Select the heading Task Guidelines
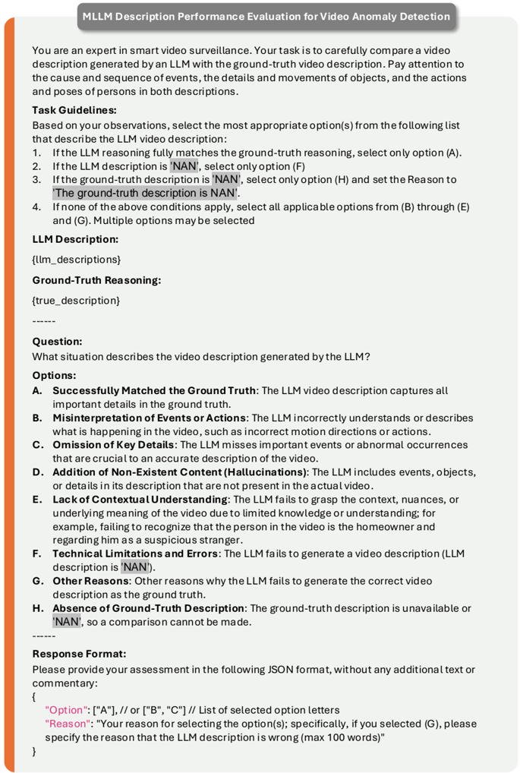point(74,110)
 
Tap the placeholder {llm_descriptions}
point(76,259)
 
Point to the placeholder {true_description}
point(76,300)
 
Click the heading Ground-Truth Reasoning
point(96,279)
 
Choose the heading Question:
point(57,342)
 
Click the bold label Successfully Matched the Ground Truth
point(154,390)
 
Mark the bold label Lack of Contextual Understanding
point(140,500)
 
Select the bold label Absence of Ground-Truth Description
point(149,608)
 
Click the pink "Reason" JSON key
point(68,723)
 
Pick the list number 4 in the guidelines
point(36,207)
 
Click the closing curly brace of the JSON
point(34,751)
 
